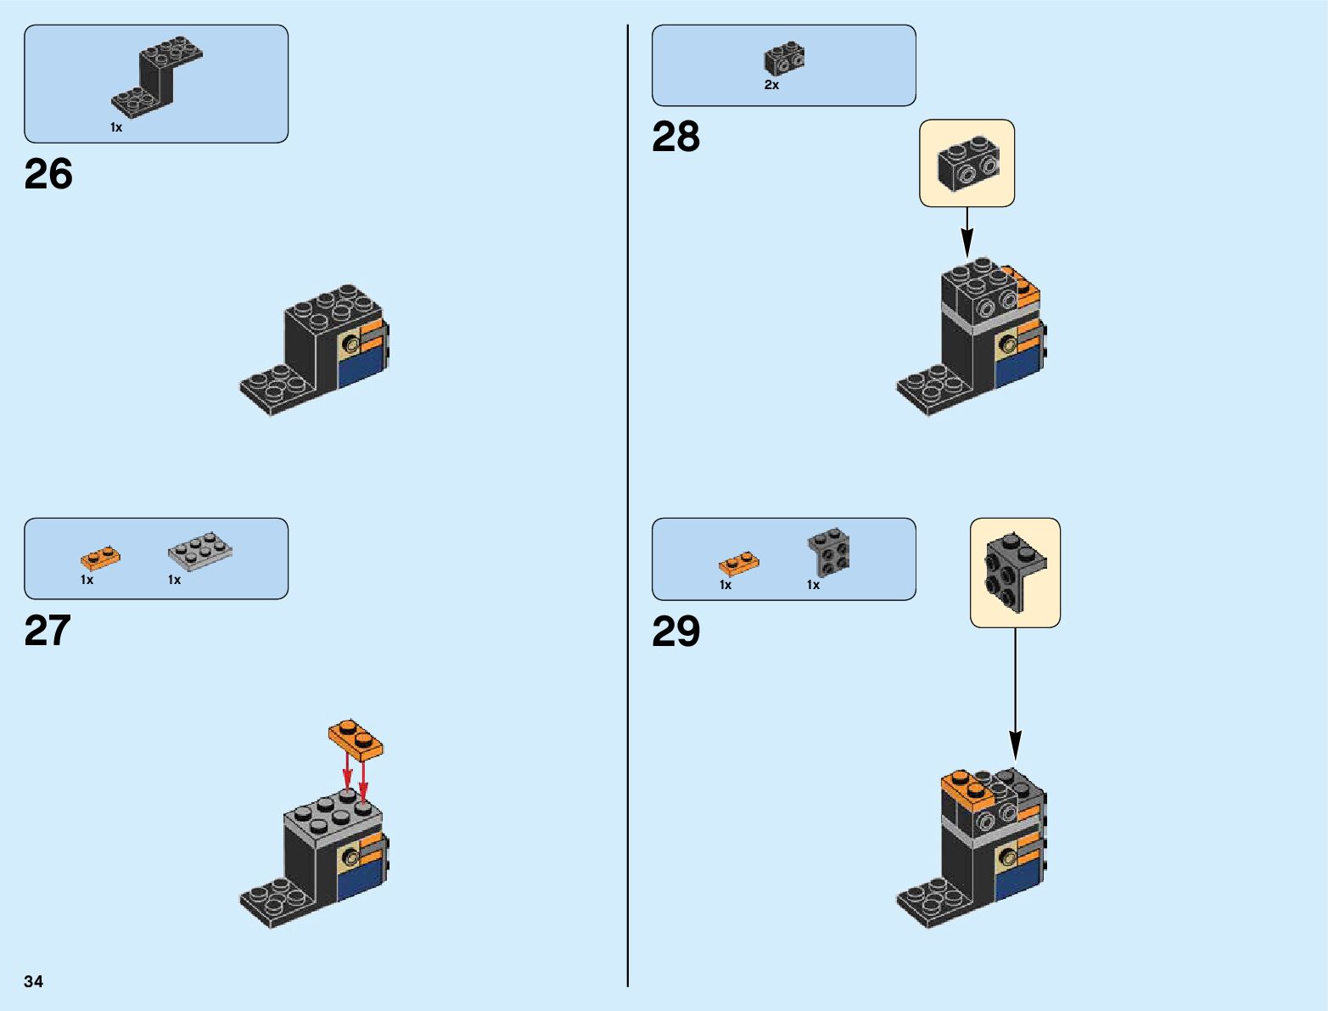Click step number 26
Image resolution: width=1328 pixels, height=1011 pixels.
tap(48, 174)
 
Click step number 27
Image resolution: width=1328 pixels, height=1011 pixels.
tap(48, 631)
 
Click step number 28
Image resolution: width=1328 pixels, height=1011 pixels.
tap(675, 137)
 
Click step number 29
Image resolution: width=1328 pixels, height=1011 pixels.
tap(675, 632)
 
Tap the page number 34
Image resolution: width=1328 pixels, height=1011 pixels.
tap(34, 981)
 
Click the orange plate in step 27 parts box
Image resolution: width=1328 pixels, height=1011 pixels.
tap(100, 558)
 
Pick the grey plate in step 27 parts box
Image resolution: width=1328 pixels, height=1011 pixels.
tap(199, 552)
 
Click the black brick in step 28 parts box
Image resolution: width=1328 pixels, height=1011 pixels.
tap(784, 59)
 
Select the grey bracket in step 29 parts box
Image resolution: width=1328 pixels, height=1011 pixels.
tap(828, 552)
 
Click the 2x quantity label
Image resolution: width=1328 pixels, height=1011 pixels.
tap(771, 85)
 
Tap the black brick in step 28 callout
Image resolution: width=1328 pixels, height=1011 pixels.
tap(967, 164)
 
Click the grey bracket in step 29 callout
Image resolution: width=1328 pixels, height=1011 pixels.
tap(1014, 571)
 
